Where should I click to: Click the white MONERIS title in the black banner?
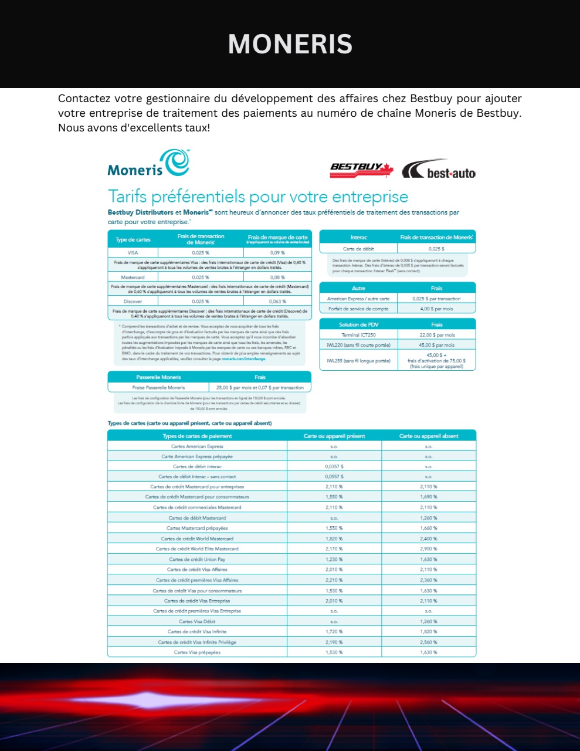pyautogui.click(x=290, y=44)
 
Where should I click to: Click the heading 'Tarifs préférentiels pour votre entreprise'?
pyautogui.click(x=257, y=197)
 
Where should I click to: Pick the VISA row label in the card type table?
pyautogui.click(x=133, y=252)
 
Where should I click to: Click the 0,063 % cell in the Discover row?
pyautogui.click(x=277, y=301)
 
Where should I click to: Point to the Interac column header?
pyautogui.click(x=358, y=238)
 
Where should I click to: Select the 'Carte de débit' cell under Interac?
pyautogui.click(x=358, y=249)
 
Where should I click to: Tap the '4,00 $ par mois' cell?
pyautogui.click(x=436, y=309)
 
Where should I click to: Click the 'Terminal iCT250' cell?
pyautogui.click(x=358, y=335)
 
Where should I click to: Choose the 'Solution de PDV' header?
pyautogui.click(x=358, y=324)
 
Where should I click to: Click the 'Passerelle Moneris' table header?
pyautogui.click(x=158, y=377)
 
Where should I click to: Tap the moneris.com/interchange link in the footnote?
pyautogui.click(x=243, y=359)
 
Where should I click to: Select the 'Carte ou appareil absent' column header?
pyautogui.click(x=429, y=436)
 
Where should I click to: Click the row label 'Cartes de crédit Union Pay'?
pyautogui.click(x=197, y=559)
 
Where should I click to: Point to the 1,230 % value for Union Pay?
pyautogui.click(x=334, y=559)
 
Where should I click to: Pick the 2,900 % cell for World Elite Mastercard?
pyautogui.click(x=429, y=549)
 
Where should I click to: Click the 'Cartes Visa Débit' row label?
pyautogui.click(x=197, y=621)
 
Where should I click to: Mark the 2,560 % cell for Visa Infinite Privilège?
pyautogui.click(x=429, y=642)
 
